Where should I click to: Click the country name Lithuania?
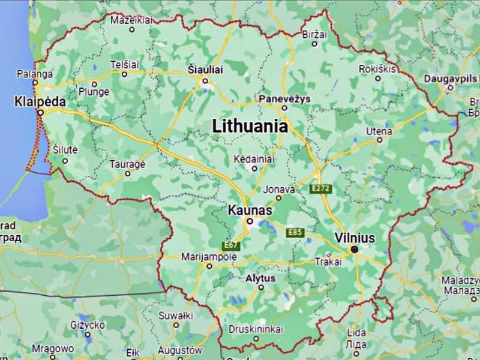tap(250, 127)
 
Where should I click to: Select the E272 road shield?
tap(321, 189)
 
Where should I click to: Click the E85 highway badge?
tap(295, 232)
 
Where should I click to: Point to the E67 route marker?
tap(231, 245)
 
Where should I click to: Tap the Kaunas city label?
tap(250, 211)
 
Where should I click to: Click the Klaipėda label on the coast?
tap(40, 101)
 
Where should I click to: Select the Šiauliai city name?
tap(205, 70)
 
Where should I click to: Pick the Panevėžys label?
tap(284, 98)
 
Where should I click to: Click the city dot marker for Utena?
tap(379, 140)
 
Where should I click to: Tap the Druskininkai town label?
tap(256, 329)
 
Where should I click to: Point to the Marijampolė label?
tap(209, 257)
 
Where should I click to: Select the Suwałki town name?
tap(175, 315)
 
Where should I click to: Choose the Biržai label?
tap(315, 35)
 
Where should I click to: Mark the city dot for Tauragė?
tap(127, 173)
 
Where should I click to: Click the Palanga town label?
tap(34, 74)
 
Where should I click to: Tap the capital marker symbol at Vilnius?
tap(355, 249)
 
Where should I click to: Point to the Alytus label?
tap(260, 278)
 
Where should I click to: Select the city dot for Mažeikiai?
tap(131, 29)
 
